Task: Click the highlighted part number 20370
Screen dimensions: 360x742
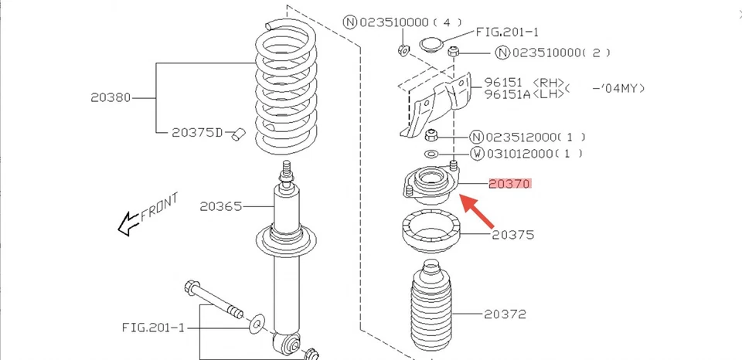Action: pos(509,184)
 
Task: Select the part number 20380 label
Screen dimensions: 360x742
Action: pos(111,98)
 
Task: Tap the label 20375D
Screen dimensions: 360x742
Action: pos(197,133)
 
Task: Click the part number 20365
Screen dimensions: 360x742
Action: pos(220,206)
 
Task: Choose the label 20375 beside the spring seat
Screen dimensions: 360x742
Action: pos(512,234)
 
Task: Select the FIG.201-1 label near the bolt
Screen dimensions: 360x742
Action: pos(153,327)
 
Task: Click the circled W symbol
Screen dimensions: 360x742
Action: pos(477,154)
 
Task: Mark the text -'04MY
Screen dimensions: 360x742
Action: pos(618,88)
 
